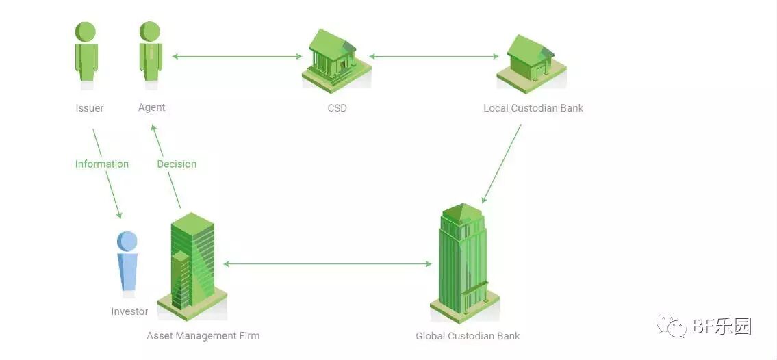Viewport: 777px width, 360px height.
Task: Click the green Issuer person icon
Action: coord(86,53)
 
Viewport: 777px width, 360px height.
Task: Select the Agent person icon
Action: coord(150,53)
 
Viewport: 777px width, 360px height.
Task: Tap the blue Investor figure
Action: coord(127,263)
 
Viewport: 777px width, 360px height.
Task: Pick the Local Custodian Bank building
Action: coord(531,63)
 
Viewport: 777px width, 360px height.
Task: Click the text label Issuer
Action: coord(90,108)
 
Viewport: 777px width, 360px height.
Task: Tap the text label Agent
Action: coord(151,107)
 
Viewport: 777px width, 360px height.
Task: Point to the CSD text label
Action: coord(337,108)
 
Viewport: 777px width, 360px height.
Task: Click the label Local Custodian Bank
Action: coord(533,108)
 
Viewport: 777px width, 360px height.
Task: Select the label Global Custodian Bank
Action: coord(468,336)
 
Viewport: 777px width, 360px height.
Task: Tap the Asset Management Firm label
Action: coord(203,336)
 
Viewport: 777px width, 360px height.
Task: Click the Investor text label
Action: coord(129,311)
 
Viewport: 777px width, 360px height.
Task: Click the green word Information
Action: coord(102,164)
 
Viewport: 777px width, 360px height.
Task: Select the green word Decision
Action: coord(177,164)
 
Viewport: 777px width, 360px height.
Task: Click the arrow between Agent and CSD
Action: coord(236,57)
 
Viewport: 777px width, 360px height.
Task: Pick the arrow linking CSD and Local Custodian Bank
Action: coord(434,57)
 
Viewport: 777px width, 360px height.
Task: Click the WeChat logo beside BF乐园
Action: coord(671,327)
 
